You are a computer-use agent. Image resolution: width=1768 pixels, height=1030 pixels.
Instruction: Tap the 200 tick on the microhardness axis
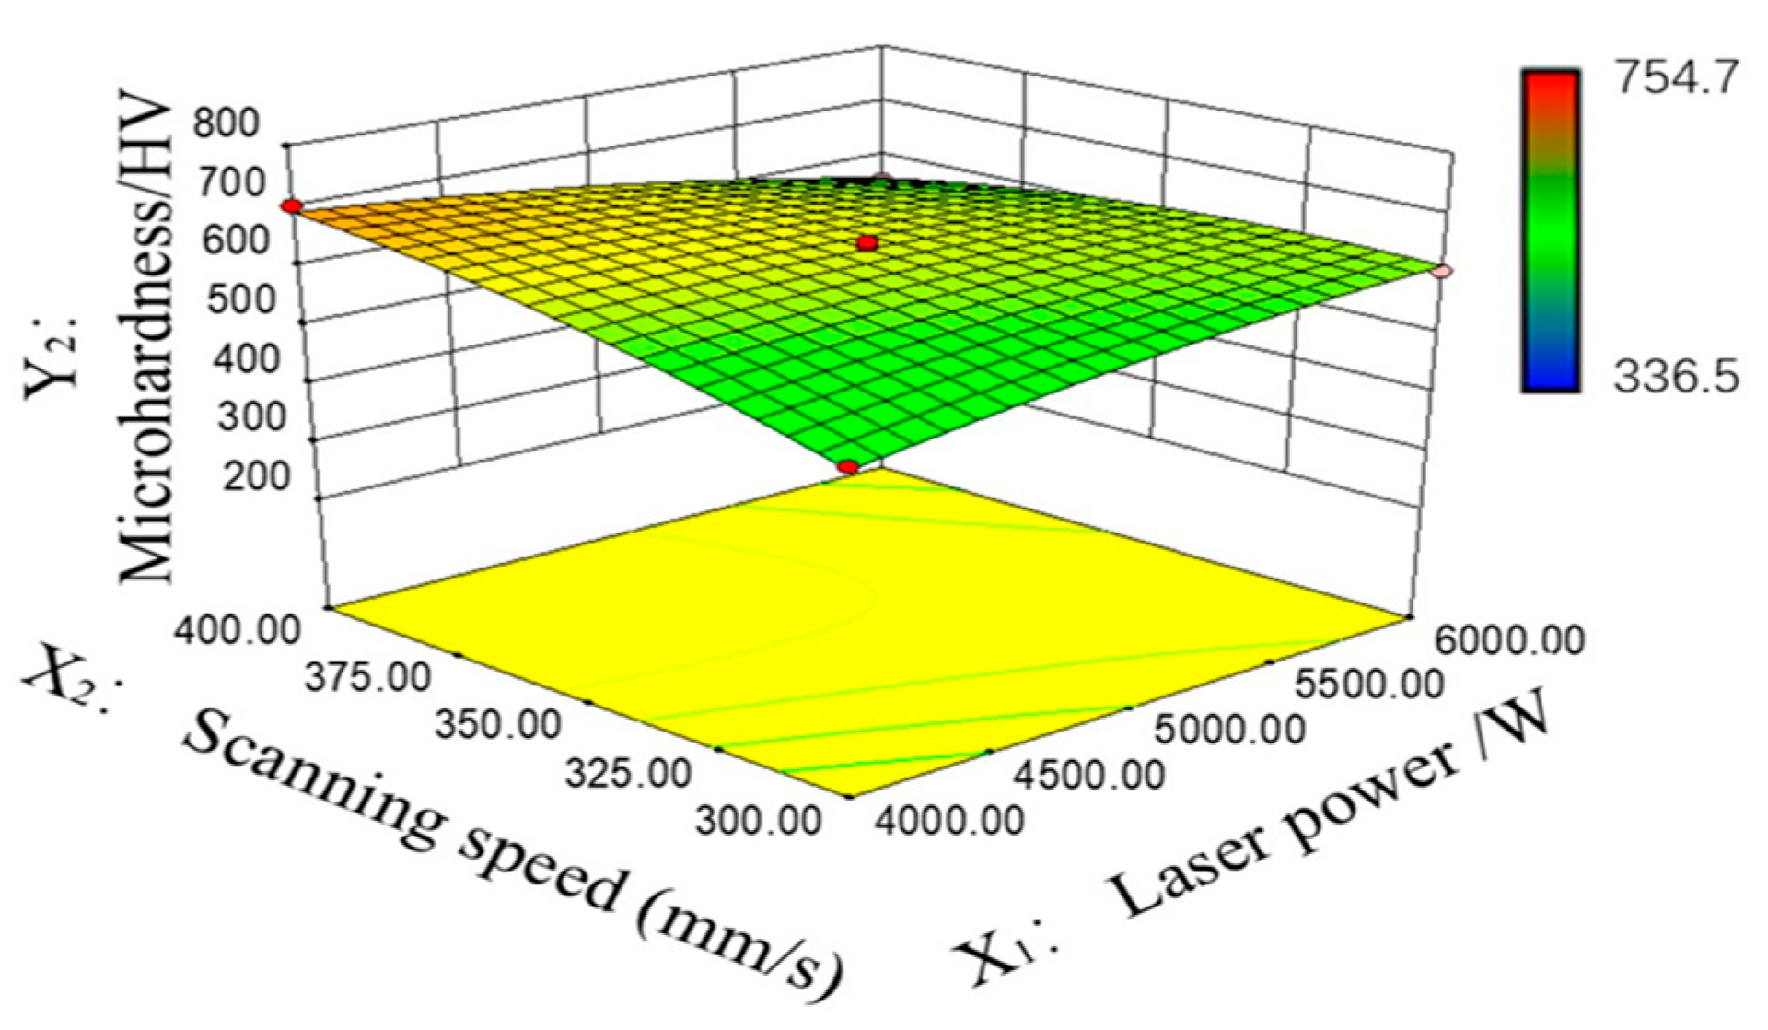pos(254,476)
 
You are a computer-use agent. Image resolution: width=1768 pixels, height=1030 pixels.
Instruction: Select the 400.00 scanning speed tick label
pos(238,631)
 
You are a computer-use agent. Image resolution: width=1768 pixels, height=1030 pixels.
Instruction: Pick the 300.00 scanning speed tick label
pos(758,819)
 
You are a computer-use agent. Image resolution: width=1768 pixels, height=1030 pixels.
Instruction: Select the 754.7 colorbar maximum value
pos(1675,78)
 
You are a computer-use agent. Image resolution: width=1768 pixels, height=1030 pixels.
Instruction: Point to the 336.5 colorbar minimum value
pos(1675,377)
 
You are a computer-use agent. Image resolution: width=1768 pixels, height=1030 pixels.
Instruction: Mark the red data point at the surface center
pos(867,243)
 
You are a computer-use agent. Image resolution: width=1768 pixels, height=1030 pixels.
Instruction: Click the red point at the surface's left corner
pos(292,206)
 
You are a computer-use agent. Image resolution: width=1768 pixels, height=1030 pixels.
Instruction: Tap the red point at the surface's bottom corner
pos(848,468)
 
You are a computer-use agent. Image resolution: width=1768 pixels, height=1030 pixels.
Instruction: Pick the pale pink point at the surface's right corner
pos(1443,271)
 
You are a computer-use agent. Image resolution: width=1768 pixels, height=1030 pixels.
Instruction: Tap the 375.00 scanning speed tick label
pos(367,678)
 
